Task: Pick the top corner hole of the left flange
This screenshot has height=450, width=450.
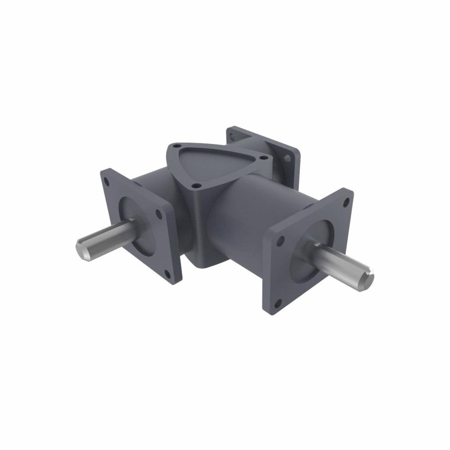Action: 106,182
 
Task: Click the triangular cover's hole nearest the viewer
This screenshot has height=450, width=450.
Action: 195,184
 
